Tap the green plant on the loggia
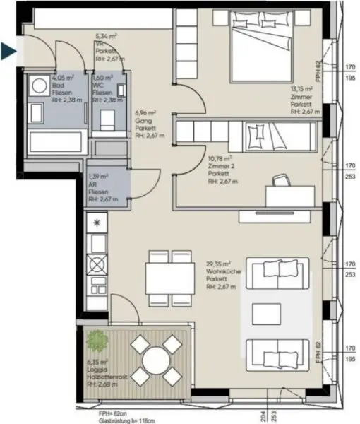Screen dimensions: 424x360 pos(97,341)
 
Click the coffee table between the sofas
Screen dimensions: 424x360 pos(268,311)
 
